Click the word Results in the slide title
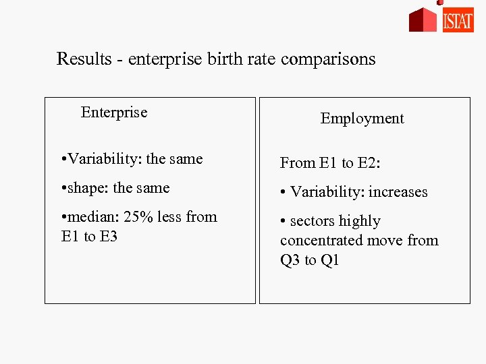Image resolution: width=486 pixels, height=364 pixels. coord(83,59)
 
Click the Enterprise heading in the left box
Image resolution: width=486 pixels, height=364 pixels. coord(114,113)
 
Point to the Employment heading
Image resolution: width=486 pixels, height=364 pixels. coord(362,119)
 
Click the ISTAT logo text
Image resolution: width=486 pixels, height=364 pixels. coord(458,21)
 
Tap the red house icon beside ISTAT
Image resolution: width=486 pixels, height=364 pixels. coord(423,20)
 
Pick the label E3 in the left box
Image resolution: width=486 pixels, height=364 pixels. coord(107,237)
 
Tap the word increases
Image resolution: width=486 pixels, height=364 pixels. coord(398,192)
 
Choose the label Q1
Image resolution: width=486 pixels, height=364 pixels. coord(329,260)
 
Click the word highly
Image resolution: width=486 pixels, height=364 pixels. coord(360,221)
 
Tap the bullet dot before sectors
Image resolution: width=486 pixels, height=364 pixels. coord(283,221)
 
